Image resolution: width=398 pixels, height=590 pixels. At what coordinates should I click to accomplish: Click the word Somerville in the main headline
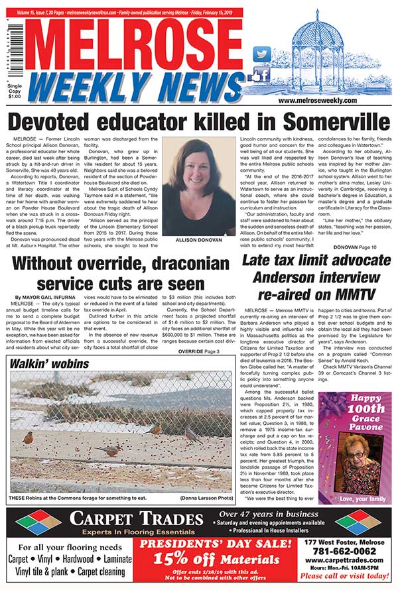(x=331, y=121)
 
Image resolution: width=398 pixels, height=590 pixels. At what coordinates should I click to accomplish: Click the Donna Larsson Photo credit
(x=205, y=498)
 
